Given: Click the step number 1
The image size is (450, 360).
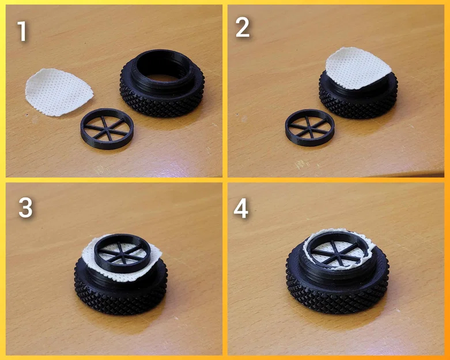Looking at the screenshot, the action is pos(22,31).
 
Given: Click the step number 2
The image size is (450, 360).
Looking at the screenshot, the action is pos(243,27).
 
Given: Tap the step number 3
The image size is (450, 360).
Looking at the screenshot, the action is pos(25,208).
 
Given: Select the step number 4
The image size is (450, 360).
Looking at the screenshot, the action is pos(241,209).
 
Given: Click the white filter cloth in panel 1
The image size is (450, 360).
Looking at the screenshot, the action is pos(58,92).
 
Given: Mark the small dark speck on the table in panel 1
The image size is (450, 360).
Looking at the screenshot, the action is pos(27,115).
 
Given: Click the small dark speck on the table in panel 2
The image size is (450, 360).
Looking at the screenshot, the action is pos(237,114).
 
